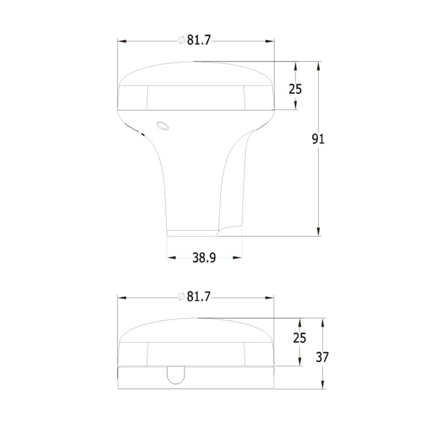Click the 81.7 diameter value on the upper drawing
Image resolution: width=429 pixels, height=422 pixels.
pos(199,40)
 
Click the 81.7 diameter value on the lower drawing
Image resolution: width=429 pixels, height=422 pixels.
pos(198,297)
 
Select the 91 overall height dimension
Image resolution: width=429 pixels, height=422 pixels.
pos(318,139)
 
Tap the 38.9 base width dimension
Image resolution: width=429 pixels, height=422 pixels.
pos(204,258)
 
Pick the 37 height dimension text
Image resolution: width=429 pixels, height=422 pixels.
pos(322,357)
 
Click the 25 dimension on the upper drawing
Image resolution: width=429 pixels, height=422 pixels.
pos(295,89)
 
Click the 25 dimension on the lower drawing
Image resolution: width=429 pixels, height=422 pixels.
pos(299,338)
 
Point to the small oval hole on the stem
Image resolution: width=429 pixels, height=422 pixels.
pos(163,126)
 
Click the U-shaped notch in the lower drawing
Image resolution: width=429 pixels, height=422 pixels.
pos(176,375)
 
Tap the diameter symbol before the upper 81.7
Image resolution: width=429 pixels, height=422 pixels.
pos(181,40)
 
